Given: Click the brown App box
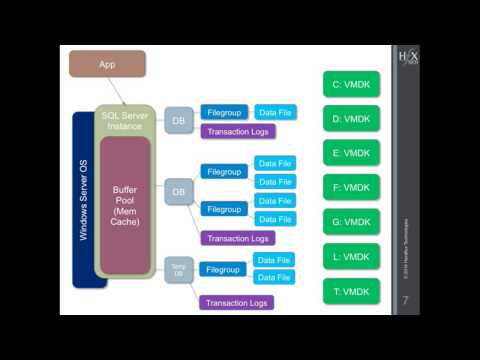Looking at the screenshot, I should (107, 64).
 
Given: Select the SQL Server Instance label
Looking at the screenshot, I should (125, 121).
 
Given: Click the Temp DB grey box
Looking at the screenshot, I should (178, 269).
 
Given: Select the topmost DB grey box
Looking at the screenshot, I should (178, 120).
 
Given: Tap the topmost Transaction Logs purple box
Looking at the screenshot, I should (237, 131).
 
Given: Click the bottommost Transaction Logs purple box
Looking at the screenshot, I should (237, 302).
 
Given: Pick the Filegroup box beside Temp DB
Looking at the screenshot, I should (223, 269).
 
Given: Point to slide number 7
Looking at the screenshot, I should (405, 300).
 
